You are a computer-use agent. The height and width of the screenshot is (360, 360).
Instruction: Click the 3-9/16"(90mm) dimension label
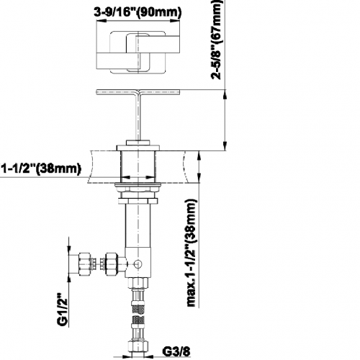(x=138, y=12)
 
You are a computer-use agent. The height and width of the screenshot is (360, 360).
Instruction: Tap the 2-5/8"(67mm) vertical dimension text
(x=216, y=40)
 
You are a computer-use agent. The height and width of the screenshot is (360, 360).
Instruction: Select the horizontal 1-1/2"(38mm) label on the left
(x=41, y=168)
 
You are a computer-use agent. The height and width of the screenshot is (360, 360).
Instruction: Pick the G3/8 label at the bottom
(x=176, y=352)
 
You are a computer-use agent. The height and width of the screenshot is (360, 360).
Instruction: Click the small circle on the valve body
(x=138, y=264)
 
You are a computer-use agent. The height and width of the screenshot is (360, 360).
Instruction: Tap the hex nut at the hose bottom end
(x=138, y=347)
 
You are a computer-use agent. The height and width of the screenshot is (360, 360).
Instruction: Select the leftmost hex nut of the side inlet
(x=84, y=264)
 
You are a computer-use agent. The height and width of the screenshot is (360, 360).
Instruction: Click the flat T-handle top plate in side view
(x=138, y=91)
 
